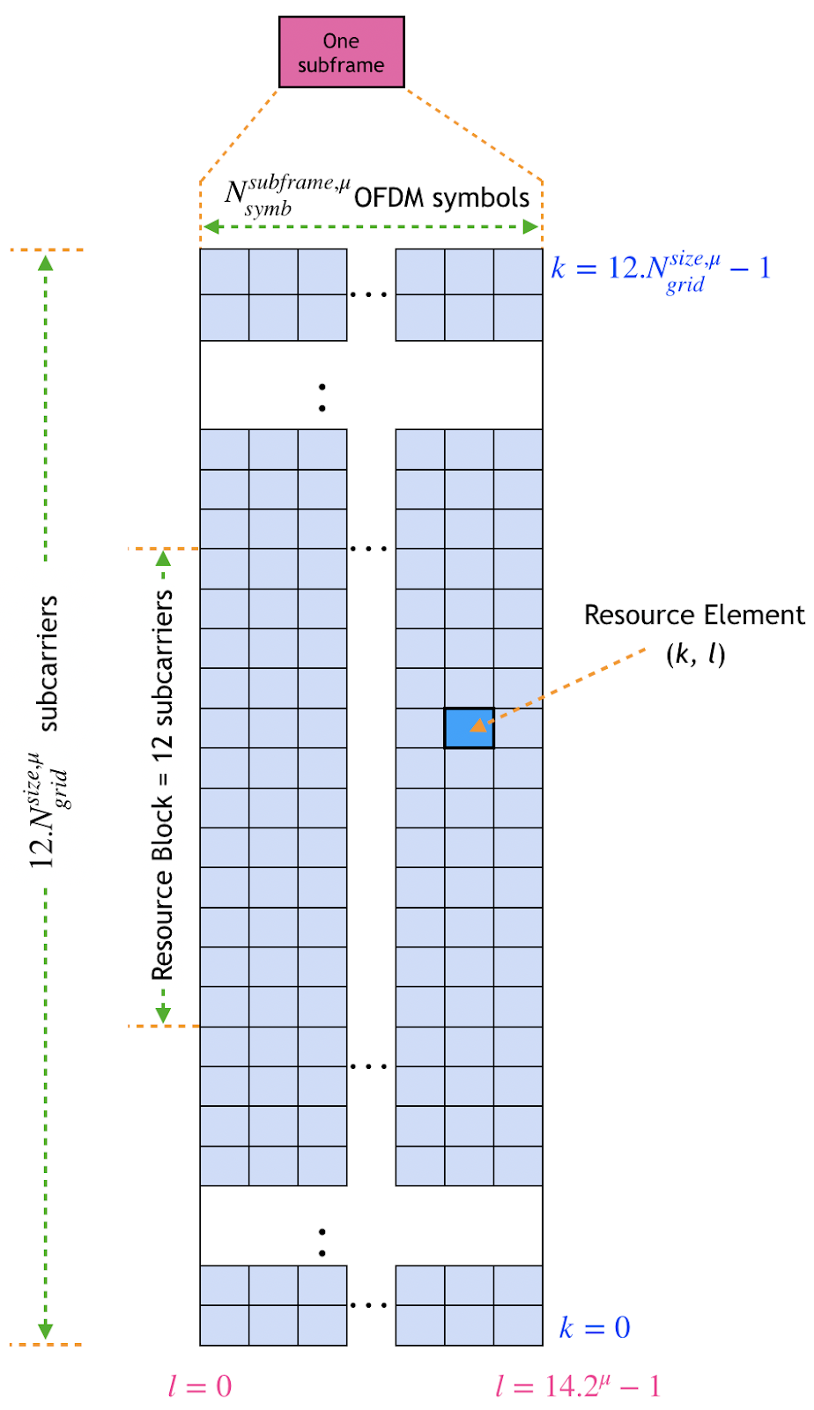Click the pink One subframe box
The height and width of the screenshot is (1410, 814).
tap(341, 52)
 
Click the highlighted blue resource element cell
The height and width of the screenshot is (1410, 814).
tap(469, 728)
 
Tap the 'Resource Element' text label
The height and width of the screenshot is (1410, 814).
tap(694, 615)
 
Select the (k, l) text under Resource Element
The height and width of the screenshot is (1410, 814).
tap(695, 654)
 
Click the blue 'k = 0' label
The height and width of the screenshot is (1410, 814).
tap(596, 1328)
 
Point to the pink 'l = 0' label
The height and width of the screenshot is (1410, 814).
tap(200, 1386)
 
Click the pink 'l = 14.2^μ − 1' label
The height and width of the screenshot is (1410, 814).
tap(577, 1386)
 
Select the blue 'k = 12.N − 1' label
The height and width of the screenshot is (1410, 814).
tap(661, 268)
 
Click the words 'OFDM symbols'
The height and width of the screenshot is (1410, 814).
tap(441, 197)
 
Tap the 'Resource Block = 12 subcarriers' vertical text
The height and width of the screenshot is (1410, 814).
tap(163, 784)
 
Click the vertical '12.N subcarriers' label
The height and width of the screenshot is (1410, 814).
tap(48, 731)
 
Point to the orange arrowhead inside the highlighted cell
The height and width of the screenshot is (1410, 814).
tap(477, 726)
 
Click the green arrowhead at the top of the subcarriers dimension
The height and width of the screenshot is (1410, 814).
tap(46, 261)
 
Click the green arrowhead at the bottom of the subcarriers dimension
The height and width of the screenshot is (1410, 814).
tap(46, 1331)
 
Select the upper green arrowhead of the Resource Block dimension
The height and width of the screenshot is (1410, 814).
tap(163, 558)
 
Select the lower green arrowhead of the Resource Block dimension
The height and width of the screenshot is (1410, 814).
tap(163, 1015)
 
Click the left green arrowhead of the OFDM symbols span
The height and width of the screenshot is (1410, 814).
tap(211, 227)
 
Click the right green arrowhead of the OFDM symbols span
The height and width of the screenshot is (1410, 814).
tap(530, 227)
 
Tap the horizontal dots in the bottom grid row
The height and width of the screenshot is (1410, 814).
tap(368, 1304)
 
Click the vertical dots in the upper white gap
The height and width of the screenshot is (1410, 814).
tap(322, 397)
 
